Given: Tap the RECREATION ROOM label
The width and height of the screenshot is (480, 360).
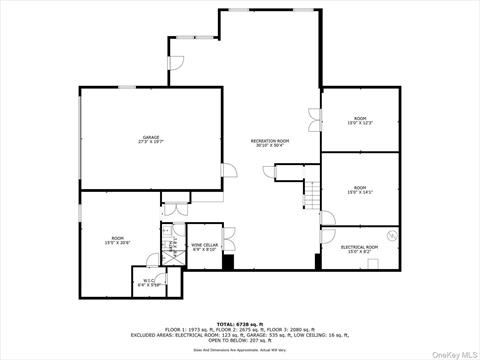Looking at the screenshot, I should [269, 141].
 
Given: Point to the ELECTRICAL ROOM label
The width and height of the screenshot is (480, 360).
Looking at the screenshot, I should [359, 246].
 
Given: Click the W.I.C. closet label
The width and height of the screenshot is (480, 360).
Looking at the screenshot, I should [147, 283].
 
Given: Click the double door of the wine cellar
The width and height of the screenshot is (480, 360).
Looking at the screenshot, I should [228, 236].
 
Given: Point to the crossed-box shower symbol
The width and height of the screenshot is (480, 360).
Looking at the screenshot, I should [170, 253].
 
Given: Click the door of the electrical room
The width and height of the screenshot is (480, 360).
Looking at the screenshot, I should [327, 221].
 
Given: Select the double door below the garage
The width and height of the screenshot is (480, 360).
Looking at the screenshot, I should [175, 209].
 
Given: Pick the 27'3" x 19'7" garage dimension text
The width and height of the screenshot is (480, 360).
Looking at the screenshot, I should [150, 142].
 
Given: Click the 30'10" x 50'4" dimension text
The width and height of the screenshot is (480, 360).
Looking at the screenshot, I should [269, 147].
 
